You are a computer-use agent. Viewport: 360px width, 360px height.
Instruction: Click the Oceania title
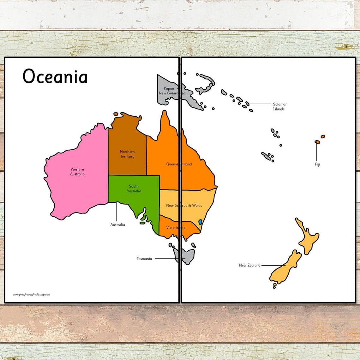55,77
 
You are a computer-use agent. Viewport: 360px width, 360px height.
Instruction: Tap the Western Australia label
77,172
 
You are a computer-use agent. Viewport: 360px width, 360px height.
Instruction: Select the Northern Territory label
127,154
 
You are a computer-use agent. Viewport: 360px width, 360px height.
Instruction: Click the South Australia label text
134,189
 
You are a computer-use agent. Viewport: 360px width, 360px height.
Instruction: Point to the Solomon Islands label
280,106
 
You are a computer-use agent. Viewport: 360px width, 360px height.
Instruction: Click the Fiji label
317,165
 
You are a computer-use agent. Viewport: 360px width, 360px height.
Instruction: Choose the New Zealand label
249,265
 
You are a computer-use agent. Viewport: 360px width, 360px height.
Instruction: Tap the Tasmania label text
144,259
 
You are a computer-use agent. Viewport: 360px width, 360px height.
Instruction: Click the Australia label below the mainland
117,225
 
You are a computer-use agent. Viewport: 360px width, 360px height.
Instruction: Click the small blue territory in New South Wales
200,222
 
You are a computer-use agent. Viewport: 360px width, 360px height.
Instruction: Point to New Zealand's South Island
286,268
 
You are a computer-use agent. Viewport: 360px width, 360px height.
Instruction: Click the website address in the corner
31,294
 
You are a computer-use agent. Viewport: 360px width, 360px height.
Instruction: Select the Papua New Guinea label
169,91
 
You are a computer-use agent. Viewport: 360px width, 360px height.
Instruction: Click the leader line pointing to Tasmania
167,259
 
